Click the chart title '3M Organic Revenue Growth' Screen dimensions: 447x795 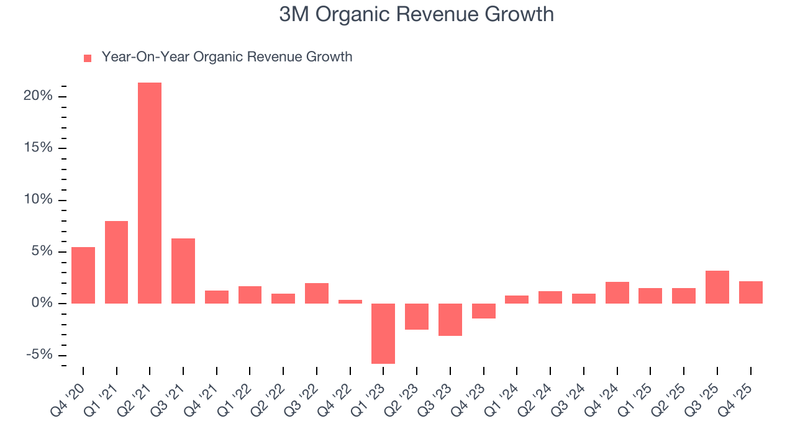416,14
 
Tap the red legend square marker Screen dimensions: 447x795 88,58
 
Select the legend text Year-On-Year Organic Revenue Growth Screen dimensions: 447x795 227,57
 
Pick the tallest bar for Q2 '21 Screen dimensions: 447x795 150,192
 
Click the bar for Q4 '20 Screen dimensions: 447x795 83,275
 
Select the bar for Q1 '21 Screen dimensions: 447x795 116,262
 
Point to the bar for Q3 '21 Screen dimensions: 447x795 183,271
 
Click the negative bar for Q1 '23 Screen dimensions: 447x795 383,333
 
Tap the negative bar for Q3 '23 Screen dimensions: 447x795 450,319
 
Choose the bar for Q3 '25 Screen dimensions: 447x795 717,287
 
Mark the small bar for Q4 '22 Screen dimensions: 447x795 350,302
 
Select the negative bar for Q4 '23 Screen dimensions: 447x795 484,310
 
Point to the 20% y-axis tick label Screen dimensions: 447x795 38,96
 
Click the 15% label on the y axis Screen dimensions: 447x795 38,148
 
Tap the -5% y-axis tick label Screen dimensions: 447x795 38,355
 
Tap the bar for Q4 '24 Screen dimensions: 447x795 617,292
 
